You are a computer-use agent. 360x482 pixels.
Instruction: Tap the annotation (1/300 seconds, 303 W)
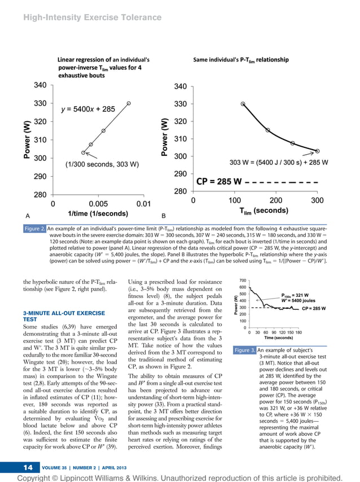click(102, 165)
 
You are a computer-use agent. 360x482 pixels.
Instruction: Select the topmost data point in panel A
click(129, 103)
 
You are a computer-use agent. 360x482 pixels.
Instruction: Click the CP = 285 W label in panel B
click(219, 182)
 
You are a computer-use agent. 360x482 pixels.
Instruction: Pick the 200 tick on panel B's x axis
click(276, 200)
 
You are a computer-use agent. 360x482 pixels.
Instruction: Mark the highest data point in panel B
click(227, 104)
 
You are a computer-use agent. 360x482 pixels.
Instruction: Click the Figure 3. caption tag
click(245, 351)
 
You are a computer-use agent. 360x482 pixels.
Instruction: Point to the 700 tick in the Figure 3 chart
click(243, 281)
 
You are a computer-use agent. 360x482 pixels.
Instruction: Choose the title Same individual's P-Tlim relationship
click(241, 59)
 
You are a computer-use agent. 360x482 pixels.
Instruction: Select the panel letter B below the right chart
click(163, 215)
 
